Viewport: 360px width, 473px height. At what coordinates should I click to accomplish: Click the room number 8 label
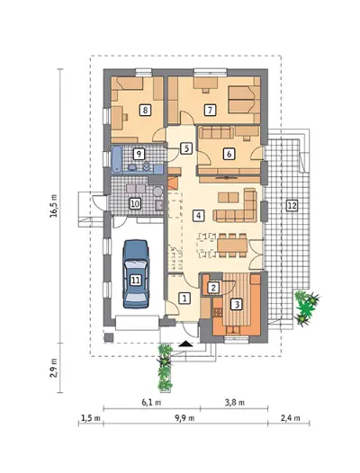pos(145,110)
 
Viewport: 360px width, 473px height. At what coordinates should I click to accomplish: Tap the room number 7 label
pos(210,110)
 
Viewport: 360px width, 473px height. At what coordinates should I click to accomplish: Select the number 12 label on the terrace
pos(292,206)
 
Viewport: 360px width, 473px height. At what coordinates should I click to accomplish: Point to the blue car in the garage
pos(136,273)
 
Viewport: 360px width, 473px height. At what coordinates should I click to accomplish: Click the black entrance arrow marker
pos(185,344)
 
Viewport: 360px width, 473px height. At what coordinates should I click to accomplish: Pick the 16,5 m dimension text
pos(53,206)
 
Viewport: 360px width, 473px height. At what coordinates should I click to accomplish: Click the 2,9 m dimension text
pos(53,368)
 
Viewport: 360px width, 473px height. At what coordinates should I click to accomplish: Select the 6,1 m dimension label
pos(151,403)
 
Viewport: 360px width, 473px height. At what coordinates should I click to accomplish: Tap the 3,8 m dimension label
pos(235,403)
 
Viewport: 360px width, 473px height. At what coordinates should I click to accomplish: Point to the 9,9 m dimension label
pos(184,418)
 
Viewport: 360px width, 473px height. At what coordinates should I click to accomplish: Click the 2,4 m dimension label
pos(290,418)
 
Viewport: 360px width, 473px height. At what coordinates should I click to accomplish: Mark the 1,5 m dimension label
pos(90,418)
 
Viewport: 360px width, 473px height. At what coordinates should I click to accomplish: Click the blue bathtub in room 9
pos(117,160)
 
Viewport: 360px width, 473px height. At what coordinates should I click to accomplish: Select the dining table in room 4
pos(232,245)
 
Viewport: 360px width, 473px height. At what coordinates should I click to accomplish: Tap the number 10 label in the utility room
pos(135,204)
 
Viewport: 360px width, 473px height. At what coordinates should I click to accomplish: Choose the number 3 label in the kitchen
pos(237,304)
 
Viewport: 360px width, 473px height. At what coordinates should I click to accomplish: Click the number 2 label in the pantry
pos(213,288)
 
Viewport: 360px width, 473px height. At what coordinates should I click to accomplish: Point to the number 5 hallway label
pos(186,148)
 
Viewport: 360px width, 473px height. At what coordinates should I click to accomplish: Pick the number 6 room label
pos(229,154)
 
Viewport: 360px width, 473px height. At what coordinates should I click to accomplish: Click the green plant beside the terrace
pos(306,308)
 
